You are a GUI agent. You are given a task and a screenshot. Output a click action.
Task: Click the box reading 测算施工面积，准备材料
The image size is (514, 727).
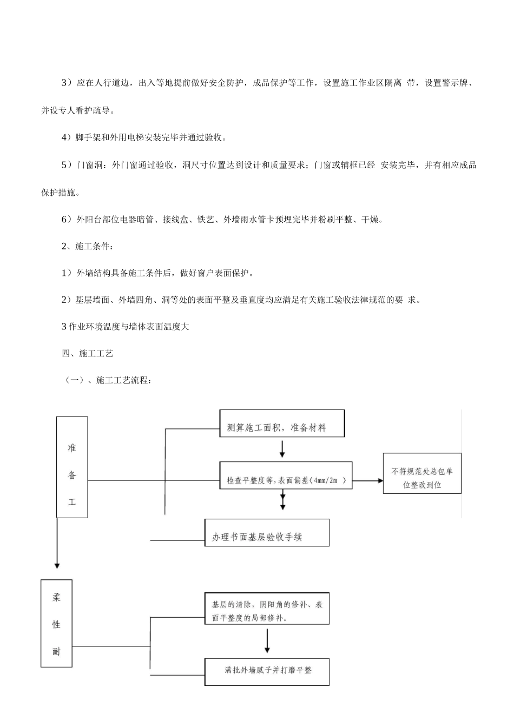(281, 424)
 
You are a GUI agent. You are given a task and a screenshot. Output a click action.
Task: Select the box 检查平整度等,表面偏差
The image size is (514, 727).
(286, 475)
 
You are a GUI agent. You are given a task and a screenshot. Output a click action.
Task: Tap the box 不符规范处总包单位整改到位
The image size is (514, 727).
(422, 473)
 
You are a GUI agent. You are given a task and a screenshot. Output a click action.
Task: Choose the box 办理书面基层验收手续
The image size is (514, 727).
(267, 533)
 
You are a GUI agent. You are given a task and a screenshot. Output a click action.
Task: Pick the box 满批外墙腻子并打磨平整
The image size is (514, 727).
(267, 671)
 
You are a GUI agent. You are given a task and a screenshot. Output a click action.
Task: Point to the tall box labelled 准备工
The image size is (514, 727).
(72, 467)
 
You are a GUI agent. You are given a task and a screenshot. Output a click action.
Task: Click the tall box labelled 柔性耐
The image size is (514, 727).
(56, 623)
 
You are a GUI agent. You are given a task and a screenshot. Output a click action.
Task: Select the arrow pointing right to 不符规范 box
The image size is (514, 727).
(367, 480)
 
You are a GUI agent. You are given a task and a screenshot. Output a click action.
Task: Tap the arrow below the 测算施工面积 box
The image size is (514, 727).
(282, 449)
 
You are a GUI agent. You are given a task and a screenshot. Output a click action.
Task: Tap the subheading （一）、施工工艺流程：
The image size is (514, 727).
(109, 380)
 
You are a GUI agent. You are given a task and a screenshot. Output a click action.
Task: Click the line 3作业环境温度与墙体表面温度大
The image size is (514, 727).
(126, 327)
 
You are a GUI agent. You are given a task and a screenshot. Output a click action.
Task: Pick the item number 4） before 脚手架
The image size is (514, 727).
(67, 137)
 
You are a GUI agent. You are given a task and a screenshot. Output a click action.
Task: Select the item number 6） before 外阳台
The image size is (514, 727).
(67, 219)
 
